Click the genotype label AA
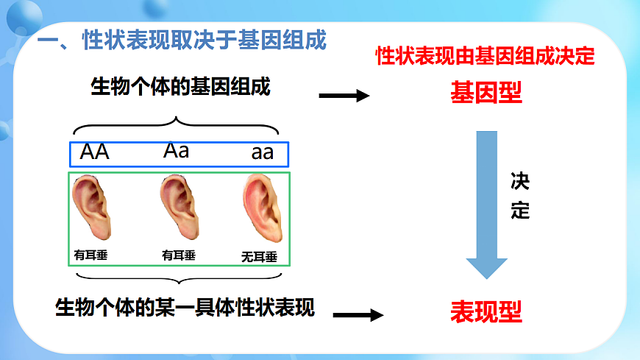coord(94,152)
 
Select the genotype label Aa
coord(177,151)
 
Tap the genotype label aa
coord(263,153)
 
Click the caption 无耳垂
coord(259,257)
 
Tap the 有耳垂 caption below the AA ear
coord(90,255)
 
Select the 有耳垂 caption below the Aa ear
coord(179,255)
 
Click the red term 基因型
coord(486,93)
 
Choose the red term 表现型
coord(486,312)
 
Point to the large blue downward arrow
coord(487,202)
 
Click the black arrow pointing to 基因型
coord(344,96)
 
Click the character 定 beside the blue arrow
coord(520,211)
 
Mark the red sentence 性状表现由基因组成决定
coord(485,56)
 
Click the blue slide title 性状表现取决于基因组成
coord(204,40)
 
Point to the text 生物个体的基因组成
coord(180,88)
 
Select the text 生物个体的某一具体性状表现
coord(185,306)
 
